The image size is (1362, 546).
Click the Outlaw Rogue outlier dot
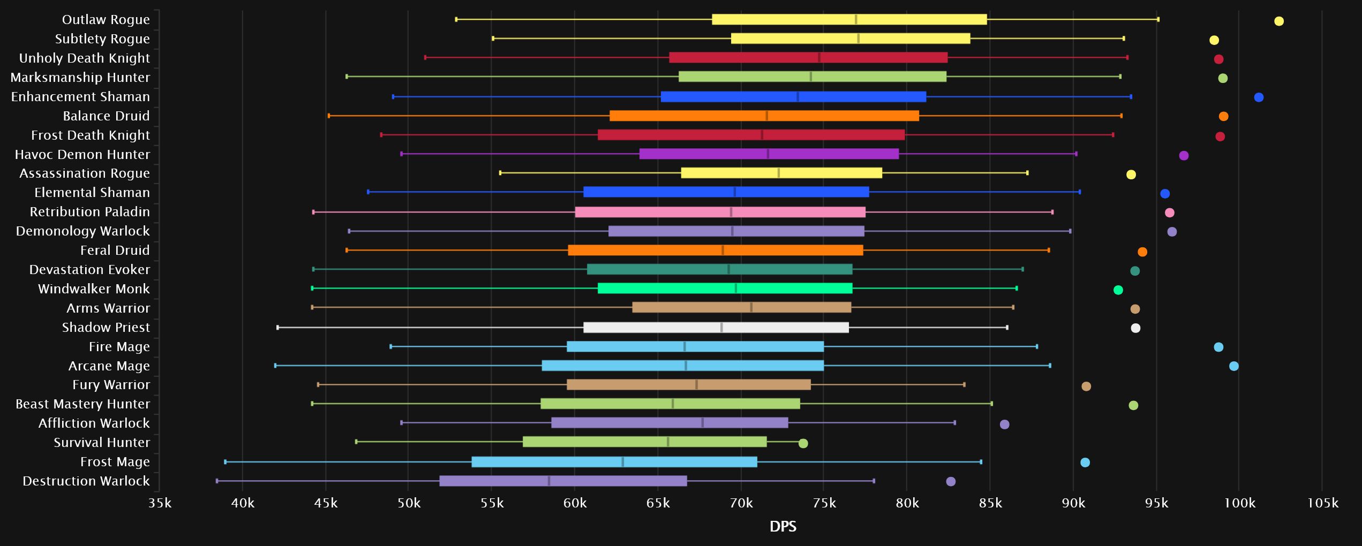coord(1278,21)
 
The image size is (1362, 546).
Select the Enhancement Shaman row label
coord(80,97)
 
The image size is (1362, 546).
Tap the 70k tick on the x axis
coord(741,503)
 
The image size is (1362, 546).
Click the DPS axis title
coord(782,527)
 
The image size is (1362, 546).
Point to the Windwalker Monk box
coord(725,289)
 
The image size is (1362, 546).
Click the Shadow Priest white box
coord(716,328)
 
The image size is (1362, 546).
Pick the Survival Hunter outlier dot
coord(803,443)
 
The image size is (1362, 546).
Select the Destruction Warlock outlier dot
coord(951,482)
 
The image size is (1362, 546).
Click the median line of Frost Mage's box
coord(622,462)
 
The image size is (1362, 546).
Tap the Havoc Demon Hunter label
coord(82,155)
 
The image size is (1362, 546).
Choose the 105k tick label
coord(1322,503)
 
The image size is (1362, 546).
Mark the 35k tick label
coord(160,503)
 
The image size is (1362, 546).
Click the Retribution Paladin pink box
coord(720,212)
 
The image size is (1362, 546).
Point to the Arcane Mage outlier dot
coord(1233,366)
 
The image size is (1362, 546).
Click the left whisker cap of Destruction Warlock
coord(217,481)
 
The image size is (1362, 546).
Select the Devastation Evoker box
coord(719,269)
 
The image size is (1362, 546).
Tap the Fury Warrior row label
coord(111,385)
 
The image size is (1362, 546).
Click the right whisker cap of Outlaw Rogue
coord(1158,19)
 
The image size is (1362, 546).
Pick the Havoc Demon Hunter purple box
coord(769,154)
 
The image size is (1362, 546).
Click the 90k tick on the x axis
coord(1073,503)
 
